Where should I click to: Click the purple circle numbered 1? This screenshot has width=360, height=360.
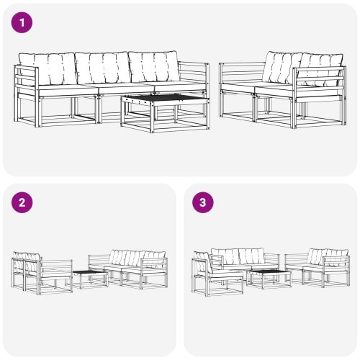click(23, 23)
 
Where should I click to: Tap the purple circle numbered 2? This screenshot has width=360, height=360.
click(23, 202)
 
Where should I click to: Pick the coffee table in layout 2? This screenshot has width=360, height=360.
click(89, 278)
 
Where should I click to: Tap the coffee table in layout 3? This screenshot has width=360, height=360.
click(269, 278)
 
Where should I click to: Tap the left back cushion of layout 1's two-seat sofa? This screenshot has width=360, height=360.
click(280, 67)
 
